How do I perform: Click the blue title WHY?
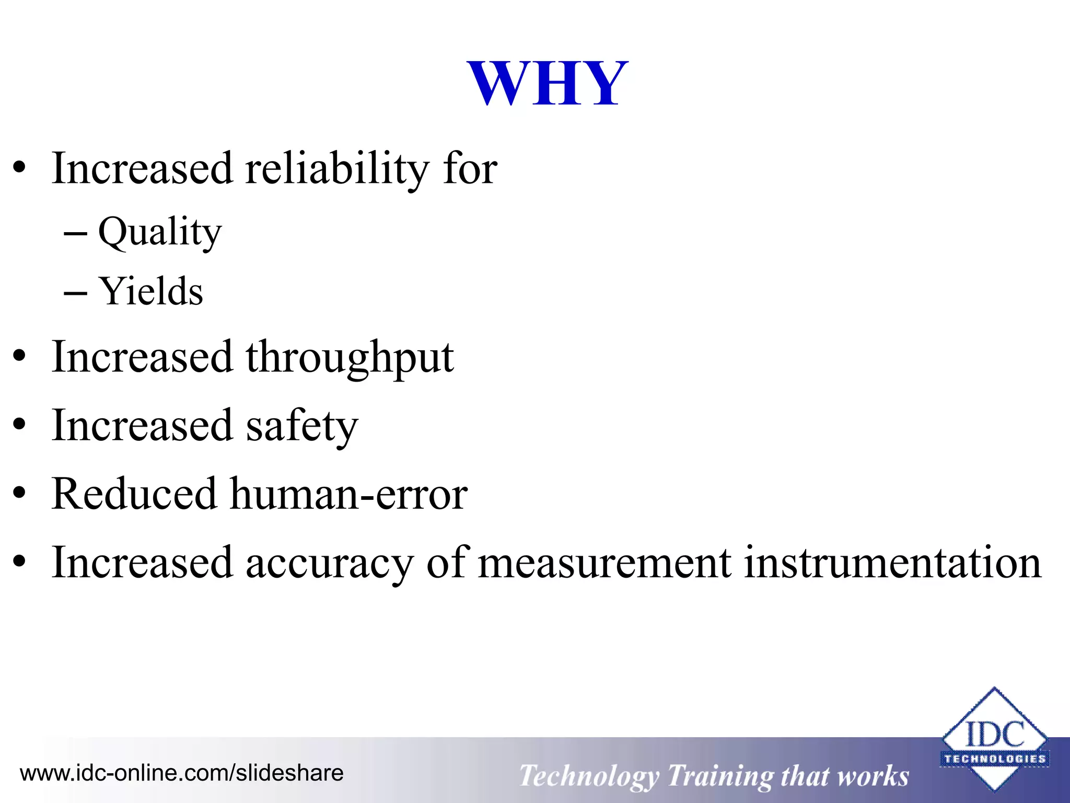point(547,84)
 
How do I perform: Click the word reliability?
point(337,168)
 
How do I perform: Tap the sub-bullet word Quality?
point(160,232)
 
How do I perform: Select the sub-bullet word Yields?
point(151,292)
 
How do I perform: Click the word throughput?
point(350,358)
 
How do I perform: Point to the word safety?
point(302,426)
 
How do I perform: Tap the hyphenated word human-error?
point(348,494)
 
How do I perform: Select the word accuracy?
point(330,563)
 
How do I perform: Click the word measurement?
point(604,563)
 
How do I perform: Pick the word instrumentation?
point(892,563)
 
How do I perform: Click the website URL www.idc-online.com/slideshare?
point(181,773)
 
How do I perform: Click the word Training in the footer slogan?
point(720,776)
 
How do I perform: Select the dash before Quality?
point(75,234)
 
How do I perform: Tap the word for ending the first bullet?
point(470,168)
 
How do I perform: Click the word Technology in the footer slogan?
point(589,776)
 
